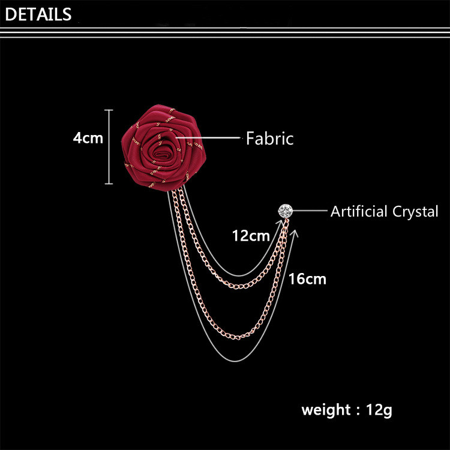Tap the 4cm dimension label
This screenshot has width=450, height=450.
pos(88,138)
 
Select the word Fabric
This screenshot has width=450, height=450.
pos(270,139)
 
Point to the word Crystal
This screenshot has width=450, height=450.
pos(415,211)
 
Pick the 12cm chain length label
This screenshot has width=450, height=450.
pos(251,236)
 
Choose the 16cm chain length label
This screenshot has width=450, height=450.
pos(307,278)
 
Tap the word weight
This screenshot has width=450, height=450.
pos(326,410)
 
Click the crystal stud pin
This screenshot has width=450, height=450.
pos(285,211)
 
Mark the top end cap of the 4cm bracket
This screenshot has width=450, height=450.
pos(109,110)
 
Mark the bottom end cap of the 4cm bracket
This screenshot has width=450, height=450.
pos(109,184)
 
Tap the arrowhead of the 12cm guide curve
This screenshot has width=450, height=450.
pos(280,222)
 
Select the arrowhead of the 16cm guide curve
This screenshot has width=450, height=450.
pos(294,232)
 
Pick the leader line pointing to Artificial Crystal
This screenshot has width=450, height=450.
pos(309,211)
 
